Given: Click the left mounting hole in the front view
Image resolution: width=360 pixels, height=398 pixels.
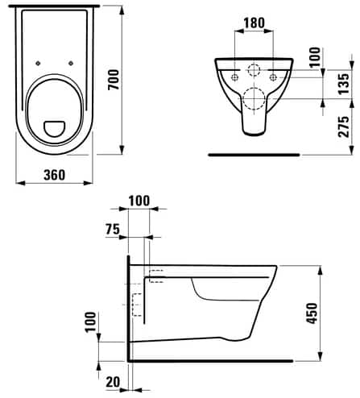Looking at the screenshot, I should pos(234,77).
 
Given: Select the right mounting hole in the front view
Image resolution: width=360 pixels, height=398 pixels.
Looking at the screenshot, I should pos(275,77).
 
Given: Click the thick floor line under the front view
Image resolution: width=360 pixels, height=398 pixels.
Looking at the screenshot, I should pos(254,152).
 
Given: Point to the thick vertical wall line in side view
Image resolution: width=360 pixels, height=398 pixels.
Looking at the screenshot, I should pos(127,306).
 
